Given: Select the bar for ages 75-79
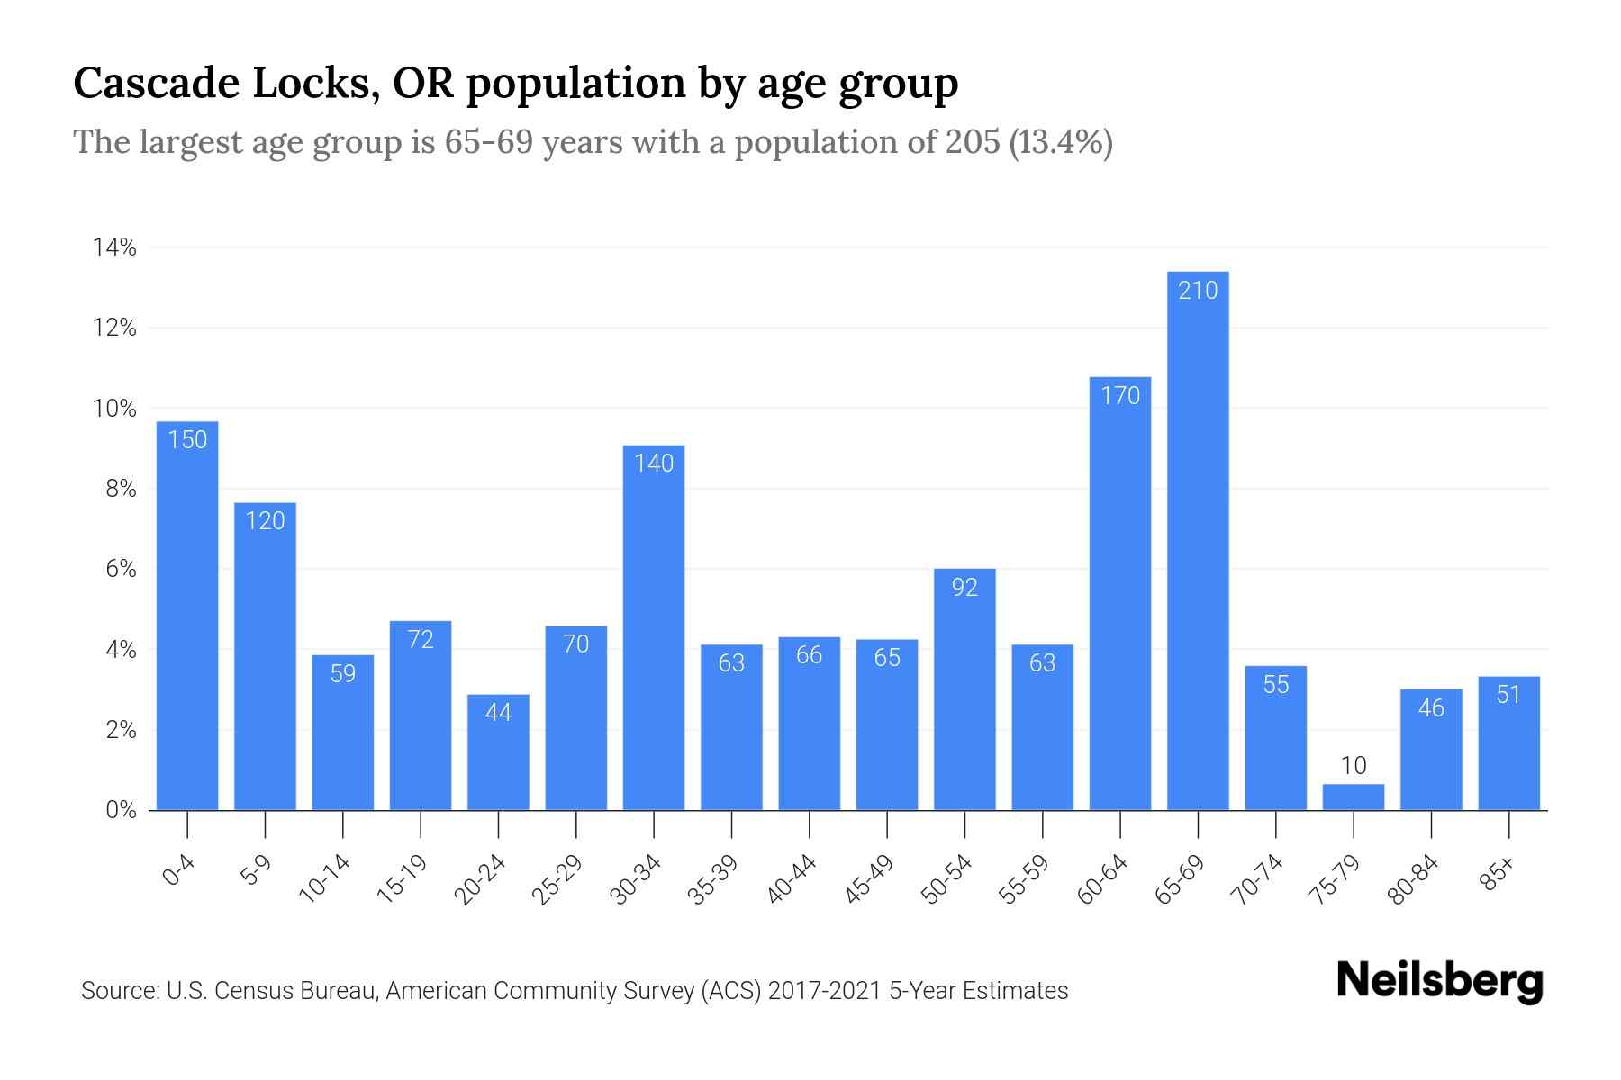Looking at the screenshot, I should [1353, 797].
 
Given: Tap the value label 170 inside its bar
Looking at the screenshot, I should [1120, 396].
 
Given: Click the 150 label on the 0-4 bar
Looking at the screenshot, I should [187, 440].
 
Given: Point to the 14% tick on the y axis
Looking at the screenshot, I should [114, 247].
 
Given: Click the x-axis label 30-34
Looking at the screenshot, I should [636, 879].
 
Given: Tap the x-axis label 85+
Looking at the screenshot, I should [1498, 873].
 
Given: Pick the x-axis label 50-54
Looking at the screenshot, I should [946, 879].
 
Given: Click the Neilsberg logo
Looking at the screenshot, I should [1439, 981].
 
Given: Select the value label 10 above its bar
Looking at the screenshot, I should [1353, 766].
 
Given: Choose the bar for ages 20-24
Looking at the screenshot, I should [498, 752].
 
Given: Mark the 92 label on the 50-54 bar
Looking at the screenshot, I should [964, 588].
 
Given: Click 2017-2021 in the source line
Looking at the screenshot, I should [825, 991].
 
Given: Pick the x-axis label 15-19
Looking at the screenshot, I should [403, 879].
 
